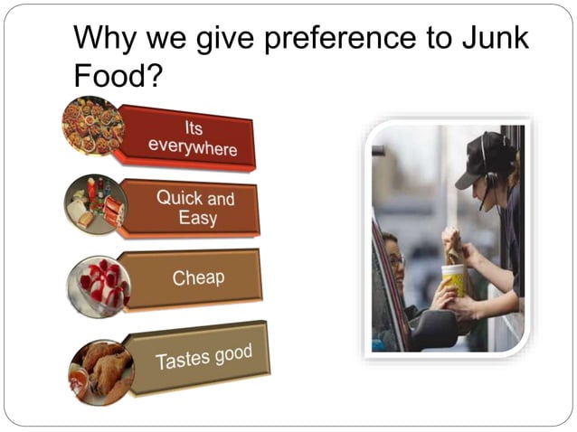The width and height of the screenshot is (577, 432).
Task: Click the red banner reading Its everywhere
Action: (x=189, y=138)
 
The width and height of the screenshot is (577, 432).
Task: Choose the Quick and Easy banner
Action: (x=194, y=207)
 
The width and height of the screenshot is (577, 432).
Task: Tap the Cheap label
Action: (x=197, y=277)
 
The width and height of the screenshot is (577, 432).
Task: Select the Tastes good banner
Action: (x=203, y=357)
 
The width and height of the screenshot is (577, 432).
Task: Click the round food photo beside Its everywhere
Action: (x=92, y=125)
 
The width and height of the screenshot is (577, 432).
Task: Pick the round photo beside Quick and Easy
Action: (x=96, y=204)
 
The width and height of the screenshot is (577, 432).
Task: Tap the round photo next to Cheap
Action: (x=99, y=286)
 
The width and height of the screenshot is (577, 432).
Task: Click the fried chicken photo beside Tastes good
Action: (x=101, y=371)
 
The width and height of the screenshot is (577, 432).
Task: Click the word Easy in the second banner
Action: (x=197, y=218)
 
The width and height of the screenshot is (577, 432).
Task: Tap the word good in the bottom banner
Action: (x=232, y=353)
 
